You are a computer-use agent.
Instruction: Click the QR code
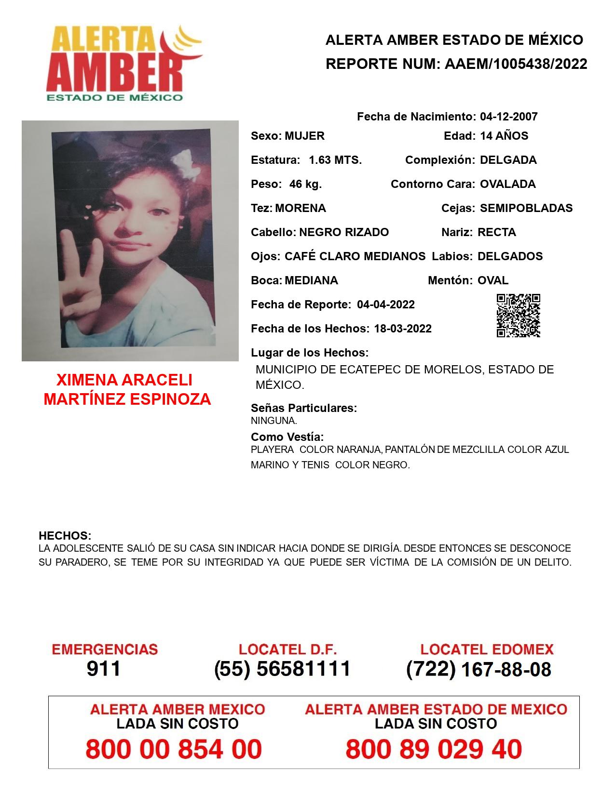[x=518, y=316]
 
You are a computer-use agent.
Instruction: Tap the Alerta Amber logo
[x=123, y=63]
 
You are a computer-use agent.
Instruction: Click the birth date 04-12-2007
[x=508, y=117]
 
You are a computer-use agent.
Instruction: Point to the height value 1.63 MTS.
[x=335, y=160]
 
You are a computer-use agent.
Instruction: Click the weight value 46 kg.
[x=305, y=184]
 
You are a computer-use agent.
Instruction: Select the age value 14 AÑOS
[x=504, y=136]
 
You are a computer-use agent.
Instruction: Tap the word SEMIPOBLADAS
[x=526, y=208]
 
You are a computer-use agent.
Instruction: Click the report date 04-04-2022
[x=386, y=305]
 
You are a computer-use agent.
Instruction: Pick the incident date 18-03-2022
[x=403, y=329]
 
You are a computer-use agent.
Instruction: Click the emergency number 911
[x=104, y=669]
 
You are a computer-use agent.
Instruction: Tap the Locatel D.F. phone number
[x=282, y=669]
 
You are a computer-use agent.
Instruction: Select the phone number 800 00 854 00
[x=174, y=749]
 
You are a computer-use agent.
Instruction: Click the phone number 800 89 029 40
[x=434, y=749]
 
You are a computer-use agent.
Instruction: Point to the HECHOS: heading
[x=65, y=536]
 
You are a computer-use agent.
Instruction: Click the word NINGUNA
[x=273, y=421]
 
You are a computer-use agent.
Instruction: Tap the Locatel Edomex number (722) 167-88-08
[x=478, y=669]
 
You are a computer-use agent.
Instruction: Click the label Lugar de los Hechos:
[x=310, y=353]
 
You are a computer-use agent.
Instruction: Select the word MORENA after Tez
[x=301, y=208]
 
